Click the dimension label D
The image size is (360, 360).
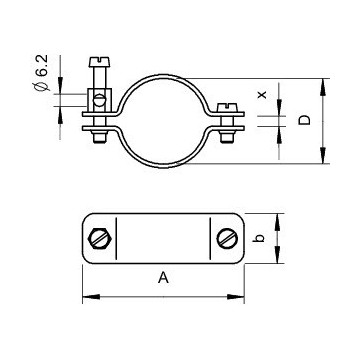[304, 120]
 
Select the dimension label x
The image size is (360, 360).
[263, 95]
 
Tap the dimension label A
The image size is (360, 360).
[163, 278]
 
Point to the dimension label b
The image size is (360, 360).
[261, 238]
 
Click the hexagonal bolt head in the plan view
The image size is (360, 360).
[99, 238]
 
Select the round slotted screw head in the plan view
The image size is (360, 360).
[227, 238]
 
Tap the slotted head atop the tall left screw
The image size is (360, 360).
[99, 61]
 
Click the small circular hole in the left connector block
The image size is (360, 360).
[99, 100]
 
